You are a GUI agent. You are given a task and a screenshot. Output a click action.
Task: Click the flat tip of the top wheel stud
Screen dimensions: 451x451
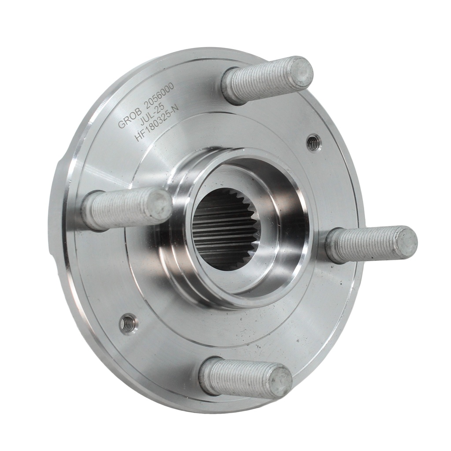point(301,71)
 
